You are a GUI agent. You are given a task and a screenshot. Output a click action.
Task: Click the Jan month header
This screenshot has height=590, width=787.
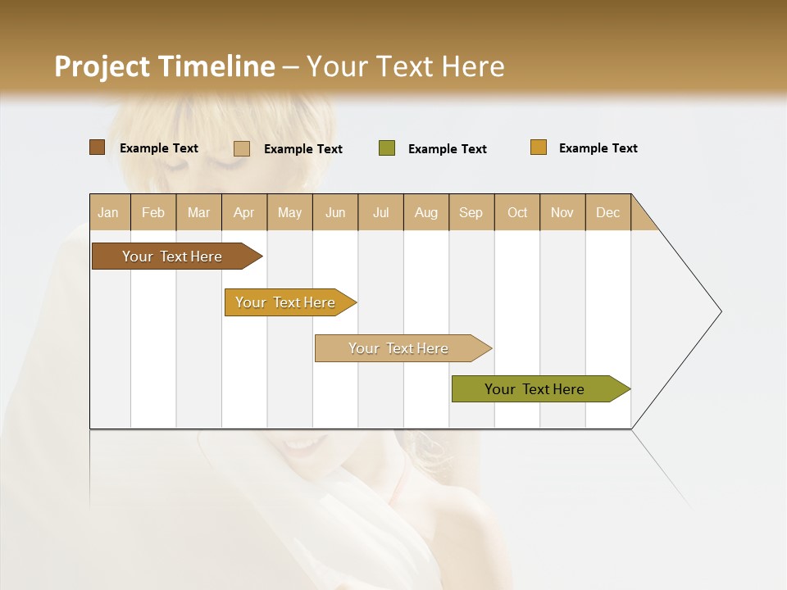(109, 212)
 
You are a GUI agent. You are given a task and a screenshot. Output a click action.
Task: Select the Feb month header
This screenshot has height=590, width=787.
(153, 212)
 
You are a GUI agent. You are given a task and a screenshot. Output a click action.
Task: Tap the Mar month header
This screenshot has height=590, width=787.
(198, 212)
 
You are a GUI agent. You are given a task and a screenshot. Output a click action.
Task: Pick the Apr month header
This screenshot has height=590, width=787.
(244, 212)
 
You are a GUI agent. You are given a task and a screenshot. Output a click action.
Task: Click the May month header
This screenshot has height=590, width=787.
(289, 212)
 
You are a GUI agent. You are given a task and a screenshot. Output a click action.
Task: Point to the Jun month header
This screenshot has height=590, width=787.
(335, 212)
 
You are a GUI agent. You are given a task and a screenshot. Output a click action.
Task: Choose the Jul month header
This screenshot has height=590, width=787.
(380, 212)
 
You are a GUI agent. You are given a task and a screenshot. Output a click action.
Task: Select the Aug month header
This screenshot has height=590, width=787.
(426, 212)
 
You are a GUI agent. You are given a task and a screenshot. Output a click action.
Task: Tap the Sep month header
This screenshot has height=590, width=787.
(471, 212)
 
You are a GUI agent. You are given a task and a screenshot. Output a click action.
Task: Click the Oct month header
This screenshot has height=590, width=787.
(517, 212)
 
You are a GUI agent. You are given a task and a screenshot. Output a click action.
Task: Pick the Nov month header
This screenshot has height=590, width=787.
(562, 212)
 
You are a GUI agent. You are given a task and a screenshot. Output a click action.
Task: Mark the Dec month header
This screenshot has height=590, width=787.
(608, 212)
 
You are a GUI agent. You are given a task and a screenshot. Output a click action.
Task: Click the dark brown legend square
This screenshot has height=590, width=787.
(98, 147)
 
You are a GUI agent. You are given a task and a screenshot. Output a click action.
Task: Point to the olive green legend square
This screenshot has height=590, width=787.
(387, 148)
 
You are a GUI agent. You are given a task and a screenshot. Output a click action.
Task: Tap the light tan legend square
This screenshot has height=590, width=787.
(242, 148)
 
